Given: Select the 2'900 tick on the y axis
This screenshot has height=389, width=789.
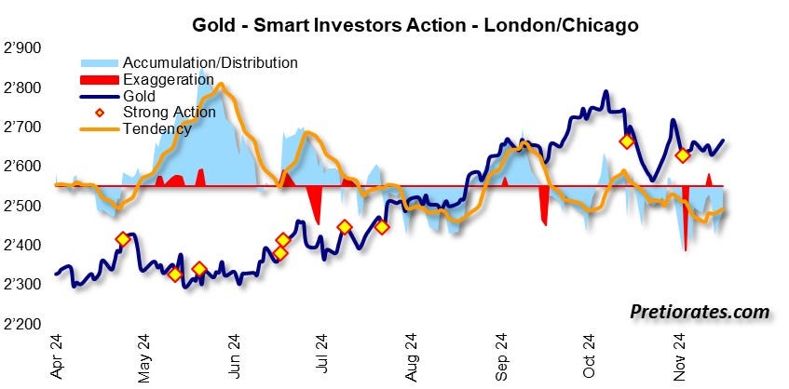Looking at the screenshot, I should tap(27, 48).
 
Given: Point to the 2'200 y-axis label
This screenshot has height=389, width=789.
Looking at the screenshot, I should tap(27, 324).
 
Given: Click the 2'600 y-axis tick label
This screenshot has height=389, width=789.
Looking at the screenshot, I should tap(27, 167).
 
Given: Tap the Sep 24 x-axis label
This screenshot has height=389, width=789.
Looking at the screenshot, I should tap(501, 357).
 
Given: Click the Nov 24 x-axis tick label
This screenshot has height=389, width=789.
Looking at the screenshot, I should tap(679, 357).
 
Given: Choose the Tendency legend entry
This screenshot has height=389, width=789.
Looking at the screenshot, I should tap(156, 128).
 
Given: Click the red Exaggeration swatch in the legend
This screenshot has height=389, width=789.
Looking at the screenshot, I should tap(100, 80).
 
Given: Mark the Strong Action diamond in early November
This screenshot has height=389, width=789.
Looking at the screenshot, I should tap(683, 155).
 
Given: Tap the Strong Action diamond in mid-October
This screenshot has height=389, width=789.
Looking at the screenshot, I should tap(627, 141).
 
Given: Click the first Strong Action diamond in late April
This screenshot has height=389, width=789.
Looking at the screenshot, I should tap(123, 239).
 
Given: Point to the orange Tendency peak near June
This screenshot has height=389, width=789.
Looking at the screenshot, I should tap(223, 85).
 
